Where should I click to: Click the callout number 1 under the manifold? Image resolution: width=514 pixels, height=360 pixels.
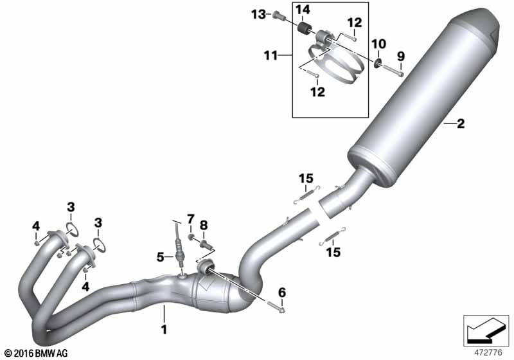tap(164, 329)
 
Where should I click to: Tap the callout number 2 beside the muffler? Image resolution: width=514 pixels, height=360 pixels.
tap(461, 123)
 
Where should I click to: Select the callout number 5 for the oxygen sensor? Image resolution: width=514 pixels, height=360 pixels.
tap(160, 257)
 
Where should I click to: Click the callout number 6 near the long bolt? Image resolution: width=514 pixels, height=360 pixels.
tap(282, 292)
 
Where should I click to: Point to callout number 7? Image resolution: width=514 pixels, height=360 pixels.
tap(191, 219)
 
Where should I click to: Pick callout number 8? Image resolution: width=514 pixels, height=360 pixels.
tap(204, 225)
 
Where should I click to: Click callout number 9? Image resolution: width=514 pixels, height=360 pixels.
tap(401, 57)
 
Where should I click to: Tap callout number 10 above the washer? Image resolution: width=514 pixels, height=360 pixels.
tap(378, 44)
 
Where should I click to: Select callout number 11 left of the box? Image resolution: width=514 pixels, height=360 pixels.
tap(270, 56)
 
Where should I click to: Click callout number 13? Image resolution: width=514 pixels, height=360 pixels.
tap(259, 14)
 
